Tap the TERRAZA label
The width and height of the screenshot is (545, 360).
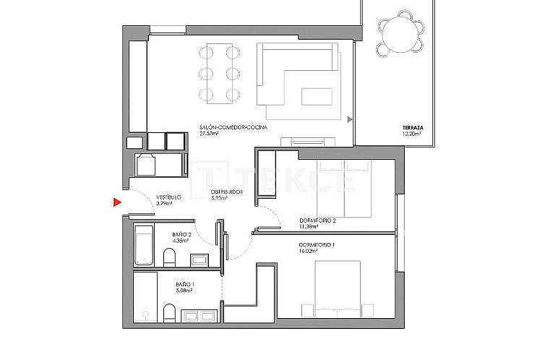point(413,128)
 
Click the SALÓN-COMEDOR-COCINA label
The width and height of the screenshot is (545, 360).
point(233,128)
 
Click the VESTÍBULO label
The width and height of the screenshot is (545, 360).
point(168,197)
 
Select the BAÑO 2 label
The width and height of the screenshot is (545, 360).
point(181,235)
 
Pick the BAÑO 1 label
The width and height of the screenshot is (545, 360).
point(184,286)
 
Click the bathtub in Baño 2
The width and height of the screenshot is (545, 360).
point(143,246)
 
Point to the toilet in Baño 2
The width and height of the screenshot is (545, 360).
point(169,257)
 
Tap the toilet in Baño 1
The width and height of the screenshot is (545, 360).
point(169,312)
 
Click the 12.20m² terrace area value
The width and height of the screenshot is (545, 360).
point(413,134)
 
